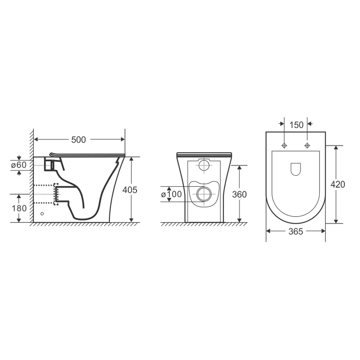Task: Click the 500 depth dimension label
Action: [x=78, y=140]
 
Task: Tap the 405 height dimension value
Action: [x=130, y=190]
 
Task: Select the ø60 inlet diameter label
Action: [x=19, y=165]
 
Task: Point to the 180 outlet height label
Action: [x=19, y=208]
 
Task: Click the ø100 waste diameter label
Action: [x=171, y=194]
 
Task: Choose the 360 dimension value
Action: [x=239, y=194]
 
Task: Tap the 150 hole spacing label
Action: [x=296, y=125]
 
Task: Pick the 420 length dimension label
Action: [x=338, y=184]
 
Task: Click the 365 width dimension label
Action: [x=296, y=231]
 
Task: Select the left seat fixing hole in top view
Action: [x=284, y=145]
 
